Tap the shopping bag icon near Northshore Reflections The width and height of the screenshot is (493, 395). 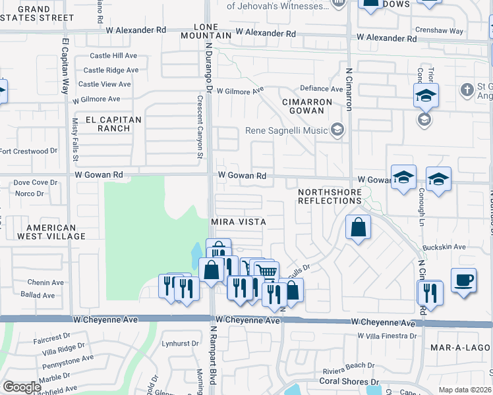(357, 228)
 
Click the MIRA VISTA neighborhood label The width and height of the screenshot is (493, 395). (238, 223)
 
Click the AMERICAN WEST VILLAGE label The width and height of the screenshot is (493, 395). (51, 231)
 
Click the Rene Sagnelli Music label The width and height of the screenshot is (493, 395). (287, 130)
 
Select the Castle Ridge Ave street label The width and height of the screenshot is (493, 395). (111, 70)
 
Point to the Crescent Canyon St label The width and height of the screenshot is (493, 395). (199, 125)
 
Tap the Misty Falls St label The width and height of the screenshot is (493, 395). (76, 140)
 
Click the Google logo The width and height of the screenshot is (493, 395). (22, 387)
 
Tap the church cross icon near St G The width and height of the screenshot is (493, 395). (467, 90)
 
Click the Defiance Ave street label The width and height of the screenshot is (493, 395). (322, 89)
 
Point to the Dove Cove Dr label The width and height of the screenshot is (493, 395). (36, 182)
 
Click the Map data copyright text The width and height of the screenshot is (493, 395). (465, 390)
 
